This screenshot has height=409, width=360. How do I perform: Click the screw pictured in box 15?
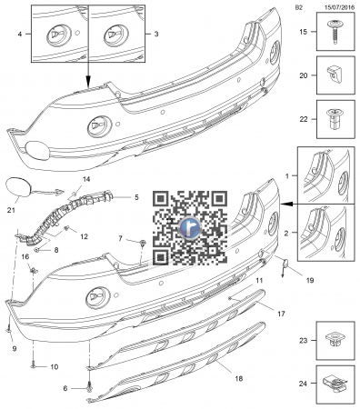point(335,31)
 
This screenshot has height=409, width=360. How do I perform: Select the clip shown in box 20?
point(335,75)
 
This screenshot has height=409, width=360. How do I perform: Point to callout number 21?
point(11,210)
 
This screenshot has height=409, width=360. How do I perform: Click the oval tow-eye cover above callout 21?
point(19,188)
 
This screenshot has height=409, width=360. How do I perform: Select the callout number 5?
point(136,197)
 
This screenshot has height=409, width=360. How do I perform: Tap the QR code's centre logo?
point(190,227)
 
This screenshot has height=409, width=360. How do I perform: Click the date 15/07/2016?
point(339,8)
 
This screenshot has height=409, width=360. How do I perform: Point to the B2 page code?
point(299,8)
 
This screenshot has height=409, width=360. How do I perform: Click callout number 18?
point(239,378)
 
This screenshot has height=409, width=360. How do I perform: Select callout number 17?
point(281,314)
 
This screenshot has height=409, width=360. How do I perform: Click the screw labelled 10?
point(33,366)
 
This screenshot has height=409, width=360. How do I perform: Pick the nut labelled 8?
point(36,250)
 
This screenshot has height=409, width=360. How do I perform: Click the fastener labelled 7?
point(142,243)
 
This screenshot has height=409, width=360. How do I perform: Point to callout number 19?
point(310,280)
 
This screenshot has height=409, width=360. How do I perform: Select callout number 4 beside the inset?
point(20,35)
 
